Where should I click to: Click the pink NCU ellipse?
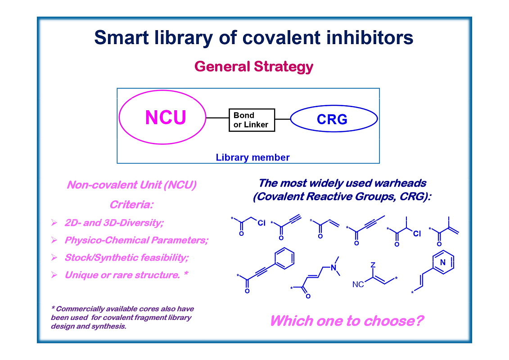coord(163,118)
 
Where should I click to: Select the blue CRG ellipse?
coord(333,119)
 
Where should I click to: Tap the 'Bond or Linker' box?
coord(251,120)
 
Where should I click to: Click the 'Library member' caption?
coord(252,157)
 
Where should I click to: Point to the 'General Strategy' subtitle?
coord(253,67)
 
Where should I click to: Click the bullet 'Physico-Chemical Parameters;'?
coord(136,240)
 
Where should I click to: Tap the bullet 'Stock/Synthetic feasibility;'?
coord(126,257)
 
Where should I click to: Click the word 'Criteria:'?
coord(131,205)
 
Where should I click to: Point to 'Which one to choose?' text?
coord(347,321)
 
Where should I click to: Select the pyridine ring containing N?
coord(442,262)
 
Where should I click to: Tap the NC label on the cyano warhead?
coord(358,285)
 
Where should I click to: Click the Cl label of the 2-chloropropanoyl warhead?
coord(416,234)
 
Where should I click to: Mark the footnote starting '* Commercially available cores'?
coord(122,317)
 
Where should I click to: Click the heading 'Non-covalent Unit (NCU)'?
coord(131,185)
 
